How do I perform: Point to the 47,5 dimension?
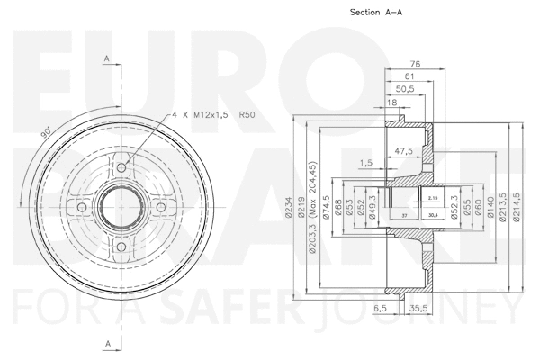pyautogui.click(x=403, y=150)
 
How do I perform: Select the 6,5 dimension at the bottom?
pyautogui.click(x=380, y=308)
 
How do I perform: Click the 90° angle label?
pyautogui.click(x=46, y=132)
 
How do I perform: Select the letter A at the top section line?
pyautogui.click(x=106, y=59)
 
